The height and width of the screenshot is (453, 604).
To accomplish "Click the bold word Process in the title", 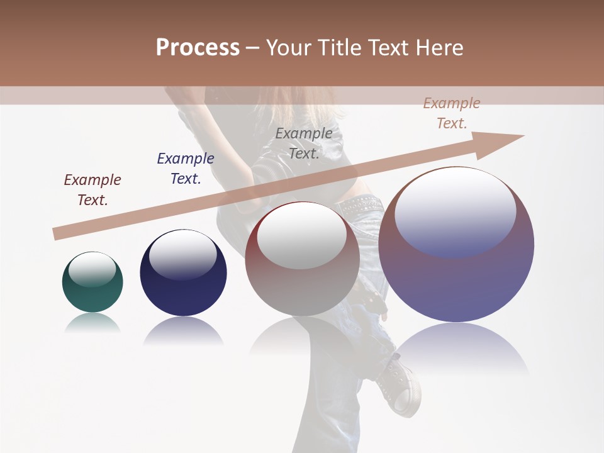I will point(198,48).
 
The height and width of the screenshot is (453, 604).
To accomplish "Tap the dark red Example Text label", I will point(92,190).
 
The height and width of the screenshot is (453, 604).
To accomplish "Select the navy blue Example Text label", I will point(186,169).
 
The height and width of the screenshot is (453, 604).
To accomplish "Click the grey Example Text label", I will point(304,143).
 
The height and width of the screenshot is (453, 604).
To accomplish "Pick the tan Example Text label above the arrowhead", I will point(452,113).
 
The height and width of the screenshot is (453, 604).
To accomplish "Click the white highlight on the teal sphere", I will point(92,270).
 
